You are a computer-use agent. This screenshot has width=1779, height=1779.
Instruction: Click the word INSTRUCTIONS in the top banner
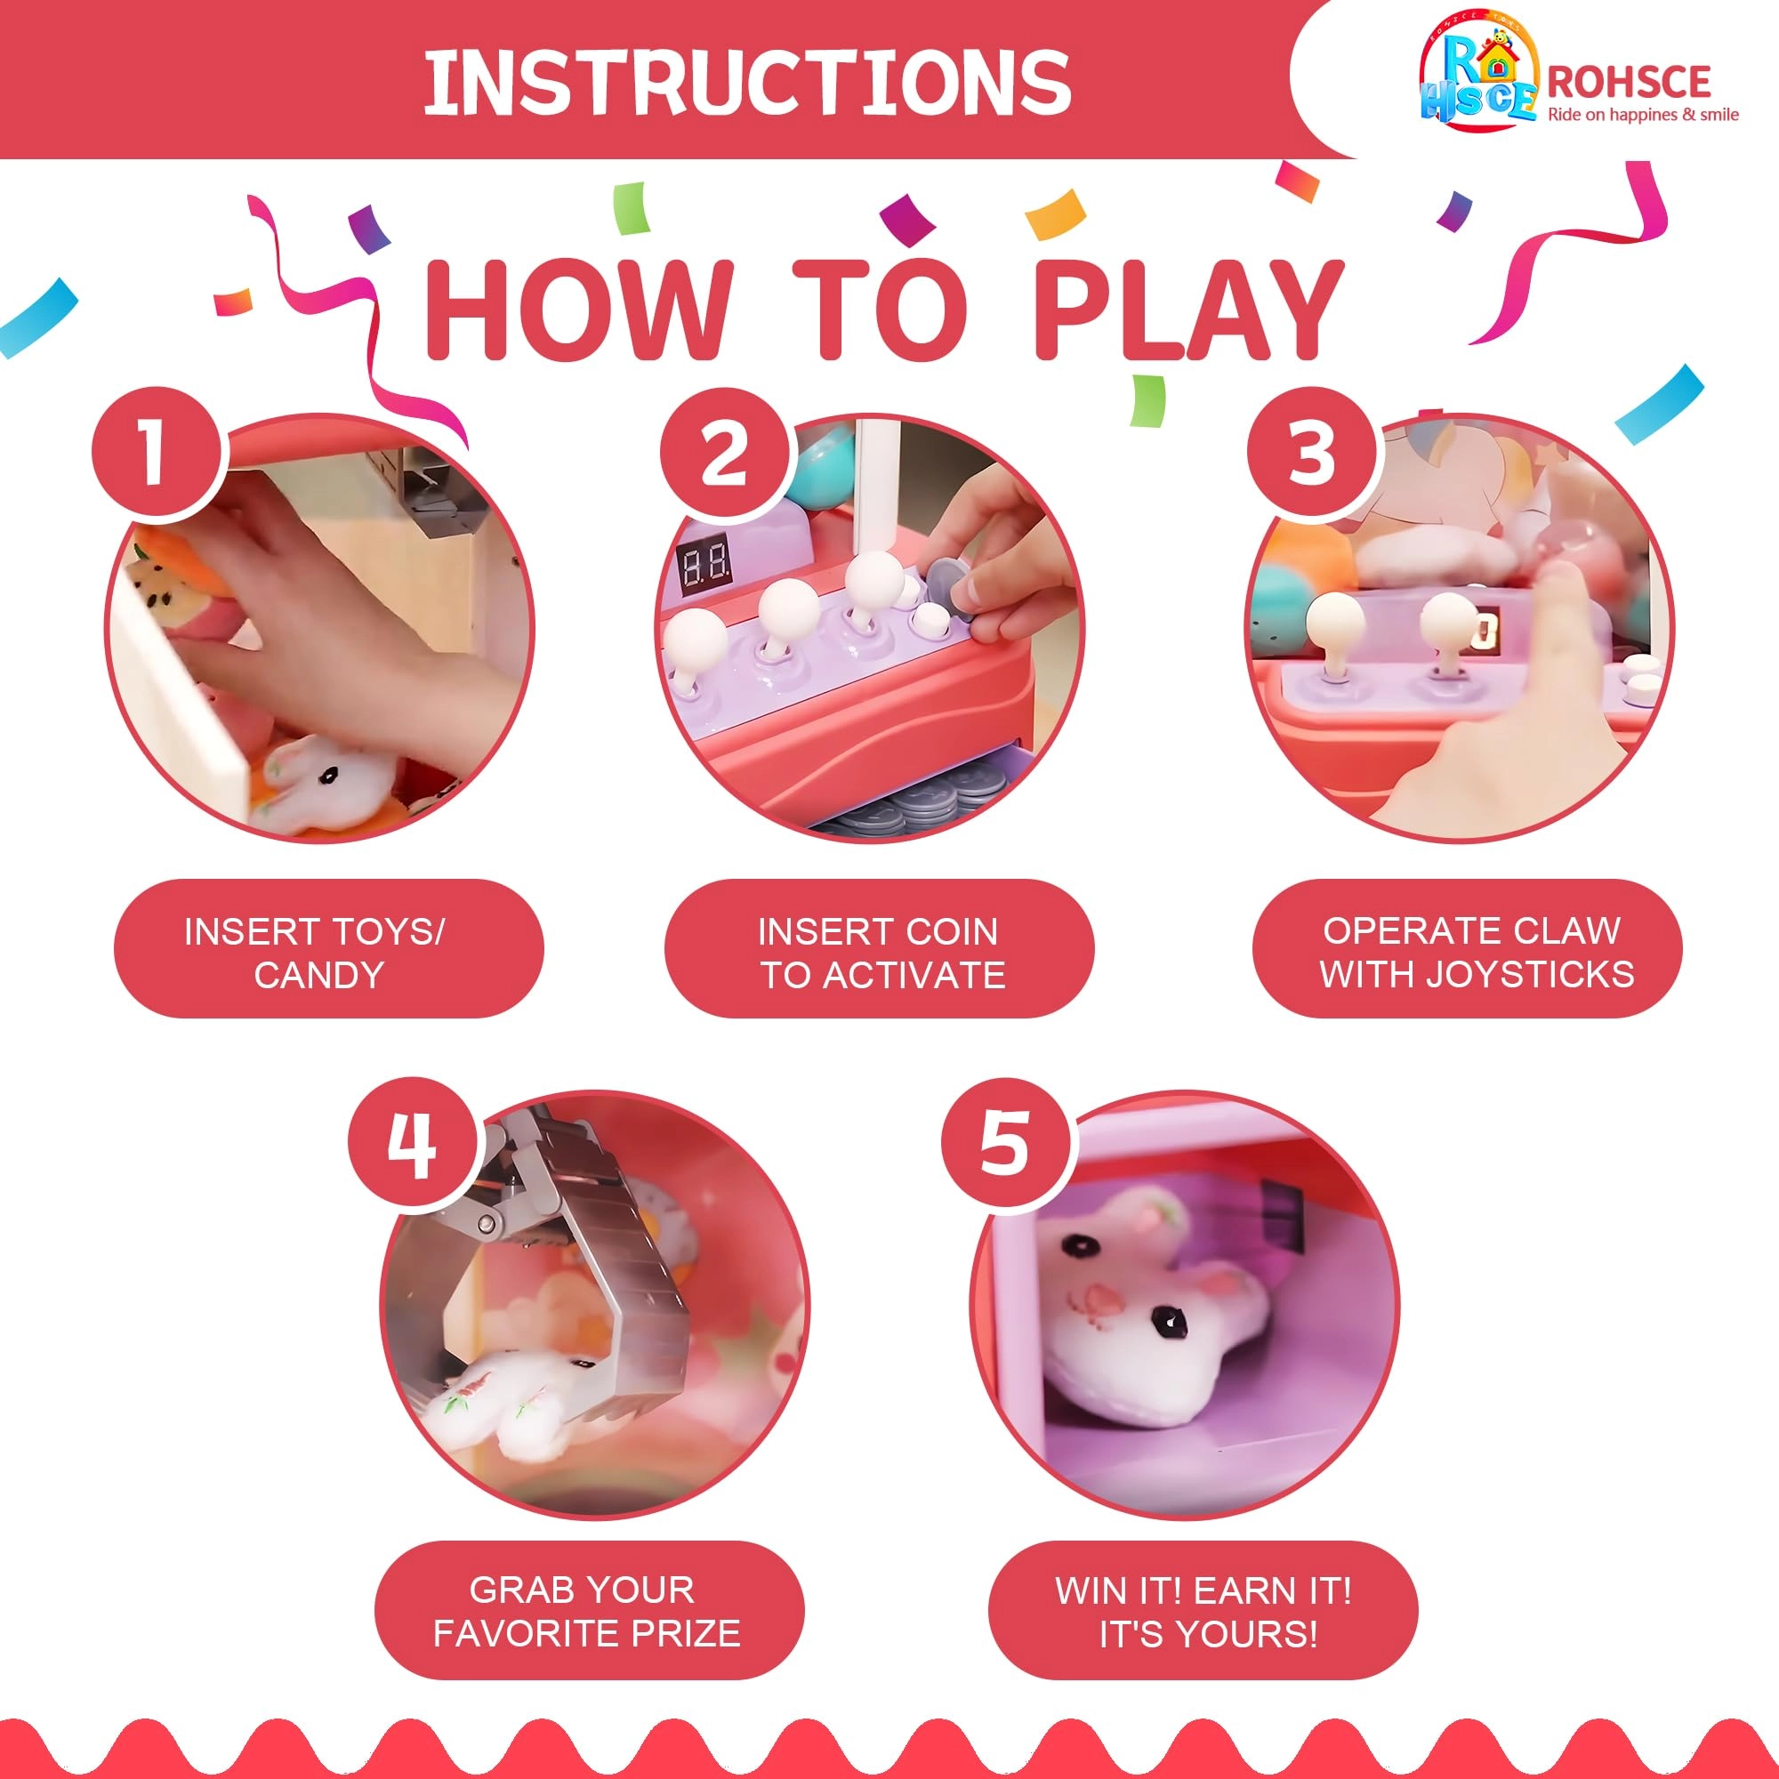coord(747,82)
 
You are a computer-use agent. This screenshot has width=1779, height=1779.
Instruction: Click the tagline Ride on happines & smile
coord(1643,115)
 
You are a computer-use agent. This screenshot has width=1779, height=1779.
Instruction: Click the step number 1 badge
coord(157,451)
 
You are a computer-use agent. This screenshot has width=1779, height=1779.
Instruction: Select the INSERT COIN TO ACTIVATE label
coord(880,952)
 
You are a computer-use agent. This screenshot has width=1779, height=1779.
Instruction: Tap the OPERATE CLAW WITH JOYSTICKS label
coord(1467,952)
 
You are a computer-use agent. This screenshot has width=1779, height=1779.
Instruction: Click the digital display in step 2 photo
coord(704,560)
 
